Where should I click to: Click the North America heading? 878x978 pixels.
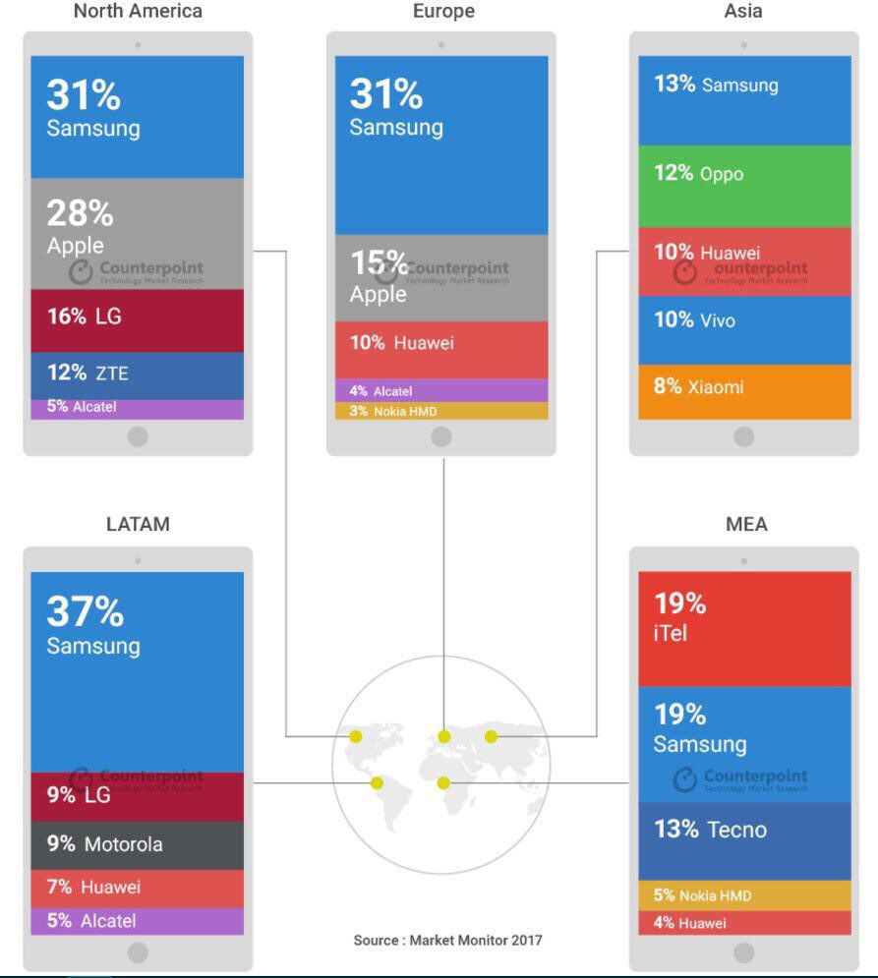coord(138,12)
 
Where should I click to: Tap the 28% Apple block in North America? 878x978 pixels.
coord(137,233)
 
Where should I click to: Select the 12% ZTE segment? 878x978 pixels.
coord(137,374)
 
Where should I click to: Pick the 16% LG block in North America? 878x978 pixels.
coord(137,319)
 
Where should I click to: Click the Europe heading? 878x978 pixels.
coord(443,12)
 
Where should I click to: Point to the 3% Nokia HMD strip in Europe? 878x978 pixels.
coord(441,411)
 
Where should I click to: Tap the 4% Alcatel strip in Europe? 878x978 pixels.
coord(441,391)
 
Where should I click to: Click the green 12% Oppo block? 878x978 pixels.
coord(744,187)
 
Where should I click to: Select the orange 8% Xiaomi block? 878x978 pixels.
coord(744,391)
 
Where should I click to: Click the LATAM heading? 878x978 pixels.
coord(138,524)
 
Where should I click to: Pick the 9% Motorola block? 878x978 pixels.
coord(137,844)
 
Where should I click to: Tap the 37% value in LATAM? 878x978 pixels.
coord(86,611)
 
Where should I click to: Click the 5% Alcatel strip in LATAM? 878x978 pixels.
coord(137,921)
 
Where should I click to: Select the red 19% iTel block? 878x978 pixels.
coord(744,628)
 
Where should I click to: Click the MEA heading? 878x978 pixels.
coord(745,524)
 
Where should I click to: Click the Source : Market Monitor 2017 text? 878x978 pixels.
coord(447,941)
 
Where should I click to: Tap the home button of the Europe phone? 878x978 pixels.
coord(441,436)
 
